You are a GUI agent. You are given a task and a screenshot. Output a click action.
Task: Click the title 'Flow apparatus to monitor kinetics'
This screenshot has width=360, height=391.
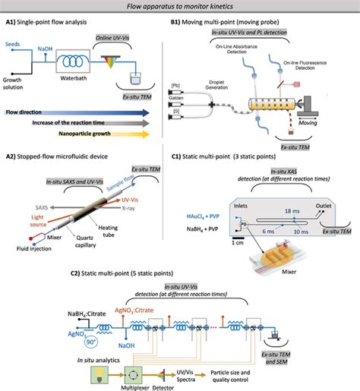pyautogui.click(x=179, y=6)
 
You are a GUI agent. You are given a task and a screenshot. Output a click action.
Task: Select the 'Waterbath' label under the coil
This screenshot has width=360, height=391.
pyautogui.click(x=76, y=77)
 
